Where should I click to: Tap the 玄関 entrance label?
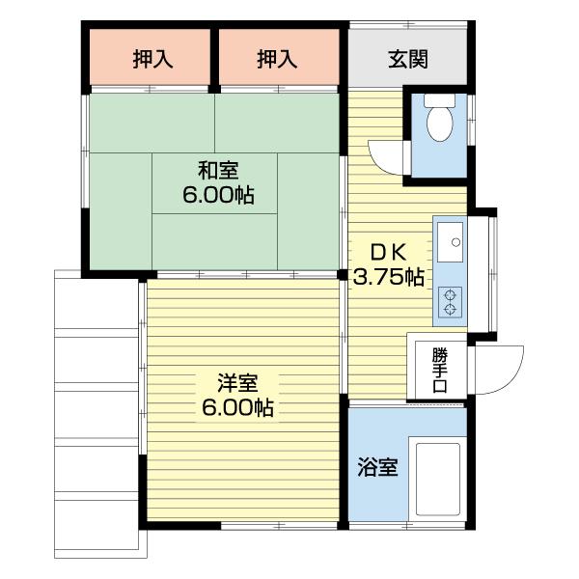pos(408,59)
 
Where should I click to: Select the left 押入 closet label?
pos(152,59)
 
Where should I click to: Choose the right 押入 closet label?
pos(277,59)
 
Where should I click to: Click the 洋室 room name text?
pos(235,383)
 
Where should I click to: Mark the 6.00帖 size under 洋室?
pos(237,408)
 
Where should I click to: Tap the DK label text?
pos(388,252)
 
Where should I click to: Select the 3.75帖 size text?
pos(388,278)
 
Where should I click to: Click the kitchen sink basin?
pos(450,240)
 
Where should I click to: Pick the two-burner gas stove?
pos(450,301)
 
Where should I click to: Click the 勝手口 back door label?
pos(439,367)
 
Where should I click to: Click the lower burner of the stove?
pos(450,310)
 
